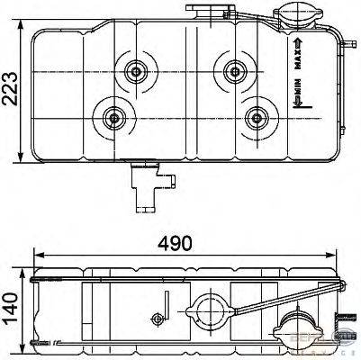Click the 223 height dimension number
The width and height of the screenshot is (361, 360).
point(10,87)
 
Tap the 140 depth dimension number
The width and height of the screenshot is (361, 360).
point(10,301)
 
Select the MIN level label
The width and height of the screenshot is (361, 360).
point(297,93)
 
